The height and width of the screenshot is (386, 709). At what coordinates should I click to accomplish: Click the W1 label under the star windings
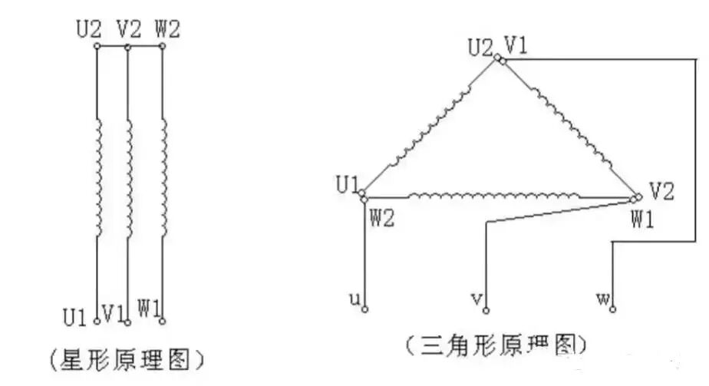[149, 311]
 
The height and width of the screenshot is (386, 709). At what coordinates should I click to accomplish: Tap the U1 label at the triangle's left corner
[348, 184]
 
